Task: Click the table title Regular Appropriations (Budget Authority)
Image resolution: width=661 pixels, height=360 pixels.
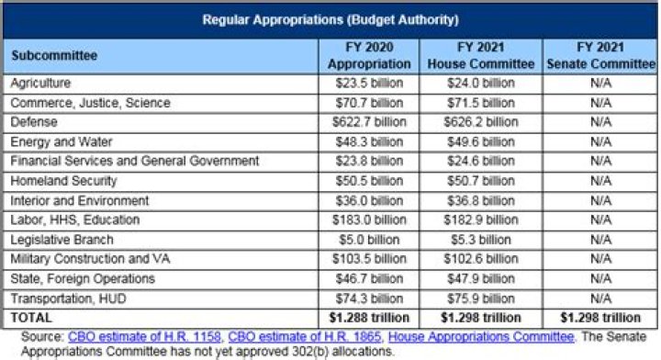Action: click(x=330, y=18)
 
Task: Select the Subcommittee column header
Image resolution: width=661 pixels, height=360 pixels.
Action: click(x=54, y=55)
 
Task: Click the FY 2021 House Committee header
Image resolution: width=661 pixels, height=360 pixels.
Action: click(x=481, y=55)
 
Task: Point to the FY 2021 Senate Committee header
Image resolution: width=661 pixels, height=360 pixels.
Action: click(x=600, y=55)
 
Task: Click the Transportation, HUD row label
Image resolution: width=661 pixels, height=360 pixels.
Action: click(x=61, y=298)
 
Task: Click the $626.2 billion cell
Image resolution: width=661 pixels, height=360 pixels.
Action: click(x=481, y=121)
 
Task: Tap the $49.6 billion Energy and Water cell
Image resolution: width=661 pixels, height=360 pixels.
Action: click(x=481, y=141)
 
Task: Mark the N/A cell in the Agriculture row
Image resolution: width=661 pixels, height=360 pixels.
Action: click(x=600, y=83)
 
